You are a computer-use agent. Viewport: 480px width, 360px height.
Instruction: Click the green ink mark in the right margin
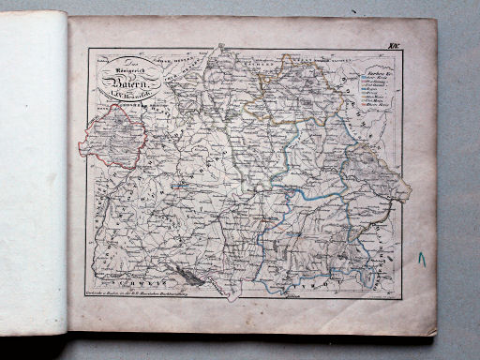point(423,257)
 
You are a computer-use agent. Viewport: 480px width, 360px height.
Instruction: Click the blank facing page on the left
point(33,178)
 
